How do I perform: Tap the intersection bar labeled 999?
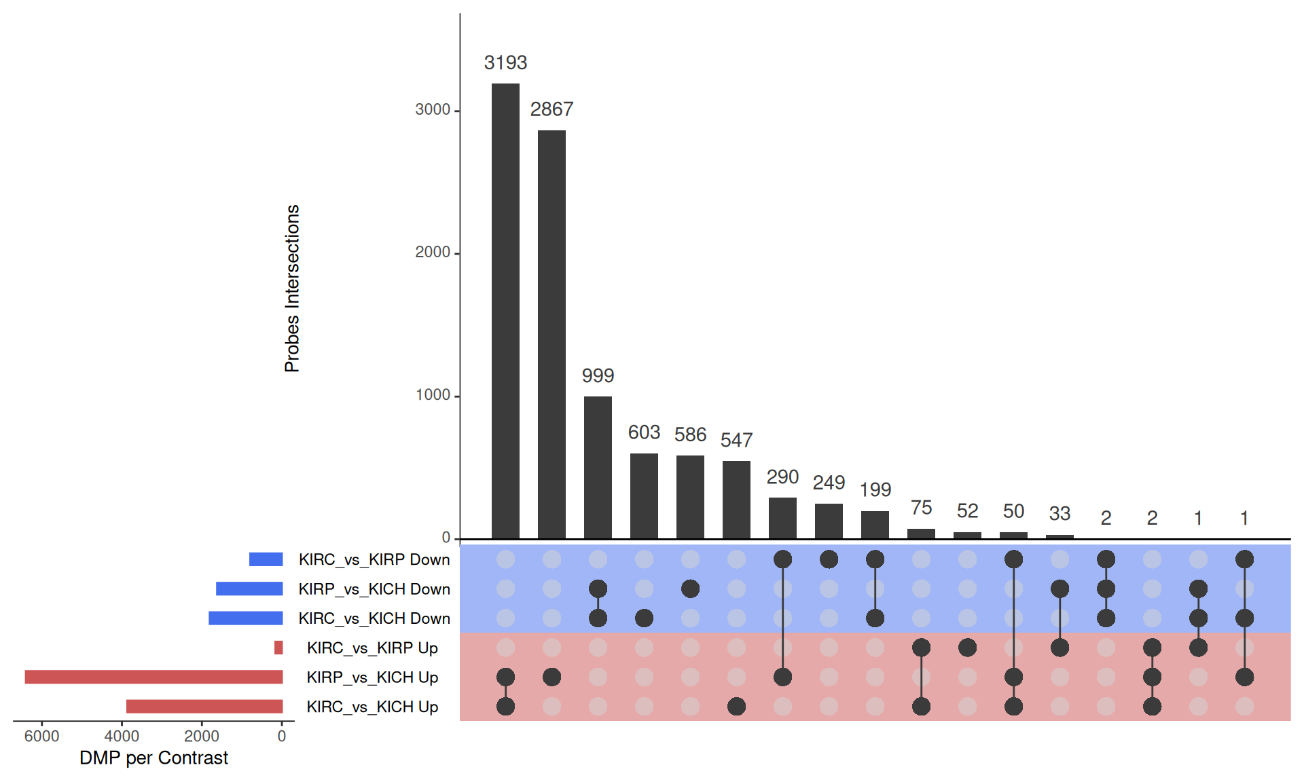[598, 468]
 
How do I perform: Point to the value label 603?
[644, 432]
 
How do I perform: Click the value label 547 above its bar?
[736, 441]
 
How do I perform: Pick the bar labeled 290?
[782, 519]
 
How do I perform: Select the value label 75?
[921, 508]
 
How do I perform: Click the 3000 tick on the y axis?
[433, 110]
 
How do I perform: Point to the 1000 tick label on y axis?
[433, 396]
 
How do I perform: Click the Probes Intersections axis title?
[292, 288]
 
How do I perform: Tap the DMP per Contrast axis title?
[153, 758]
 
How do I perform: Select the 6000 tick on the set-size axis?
[41, 737]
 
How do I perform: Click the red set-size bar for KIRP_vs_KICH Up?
[153, 677]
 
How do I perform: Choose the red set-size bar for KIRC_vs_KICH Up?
[204, 707]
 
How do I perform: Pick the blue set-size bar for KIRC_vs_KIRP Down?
[266, 559]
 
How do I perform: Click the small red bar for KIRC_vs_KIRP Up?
[278, 648]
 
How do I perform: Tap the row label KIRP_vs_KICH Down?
[374, 589]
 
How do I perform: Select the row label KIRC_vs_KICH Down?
[374, 618]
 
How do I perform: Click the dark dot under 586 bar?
[690, 589]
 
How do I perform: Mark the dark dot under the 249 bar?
[829, 559]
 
